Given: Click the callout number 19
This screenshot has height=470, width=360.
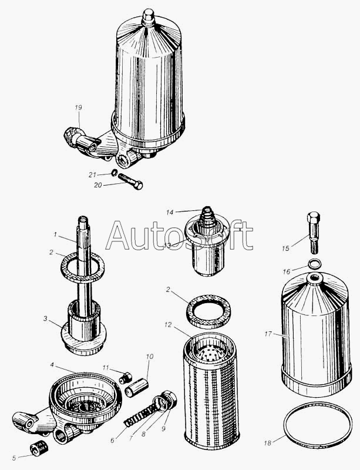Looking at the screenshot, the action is [78, 108].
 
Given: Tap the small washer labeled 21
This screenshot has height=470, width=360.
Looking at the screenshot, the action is [114, 173].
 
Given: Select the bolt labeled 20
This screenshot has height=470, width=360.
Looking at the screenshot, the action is [130, 182].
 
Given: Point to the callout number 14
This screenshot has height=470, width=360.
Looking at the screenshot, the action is [170, 213].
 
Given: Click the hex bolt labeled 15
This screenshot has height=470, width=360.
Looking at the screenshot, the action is [314, 233].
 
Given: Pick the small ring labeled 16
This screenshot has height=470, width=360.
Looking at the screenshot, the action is [314, 263].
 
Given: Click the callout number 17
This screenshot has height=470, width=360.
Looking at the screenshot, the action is [268, 334].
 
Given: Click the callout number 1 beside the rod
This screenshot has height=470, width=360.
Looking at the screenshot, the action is [55, 234].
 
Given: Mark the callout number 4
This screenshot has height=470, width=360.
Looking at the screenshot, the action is [52, 365].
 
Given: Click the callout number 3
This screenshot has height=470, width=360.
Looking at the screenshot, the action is [45, 318].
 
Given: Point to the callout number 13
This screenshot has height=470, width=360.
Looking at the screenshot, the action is [167, 246].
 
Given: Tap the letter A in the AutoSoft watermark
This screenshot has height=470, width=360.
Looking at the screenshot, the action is [118, 236].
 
